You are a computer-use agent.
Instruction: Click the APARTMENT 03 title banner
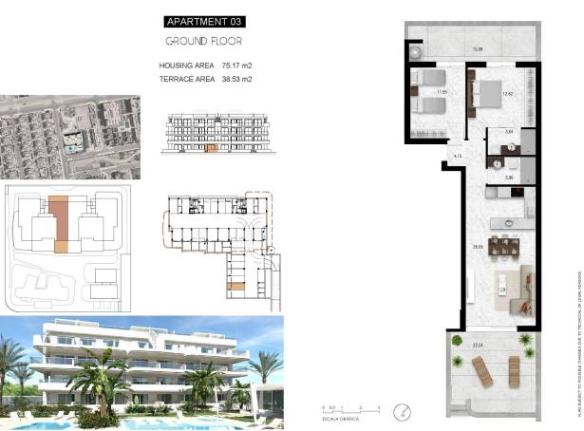tap(203, 21)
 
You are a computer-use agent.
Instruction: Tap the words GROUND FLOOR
tap(203, 41)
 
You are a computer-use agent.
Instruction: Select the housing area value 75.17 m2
tap(236, 66)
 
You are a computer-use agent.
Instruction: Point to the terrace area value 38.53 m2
tap(236, 79)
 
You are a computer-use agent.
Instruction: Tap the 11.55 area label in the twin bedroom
tap(441, 92)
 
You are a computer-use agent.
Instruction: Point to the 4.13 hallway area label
tap(457, 156)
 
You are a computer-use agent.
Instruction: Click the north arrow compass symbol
tap(405, 411)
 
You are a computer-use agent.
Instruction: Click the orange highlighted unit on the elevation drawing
tap(212, 148)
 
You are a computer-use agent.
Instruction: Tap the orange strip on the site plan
tap(60, 218)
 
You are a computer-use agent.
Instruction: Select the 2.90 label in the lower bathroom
tap(509, 178)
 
